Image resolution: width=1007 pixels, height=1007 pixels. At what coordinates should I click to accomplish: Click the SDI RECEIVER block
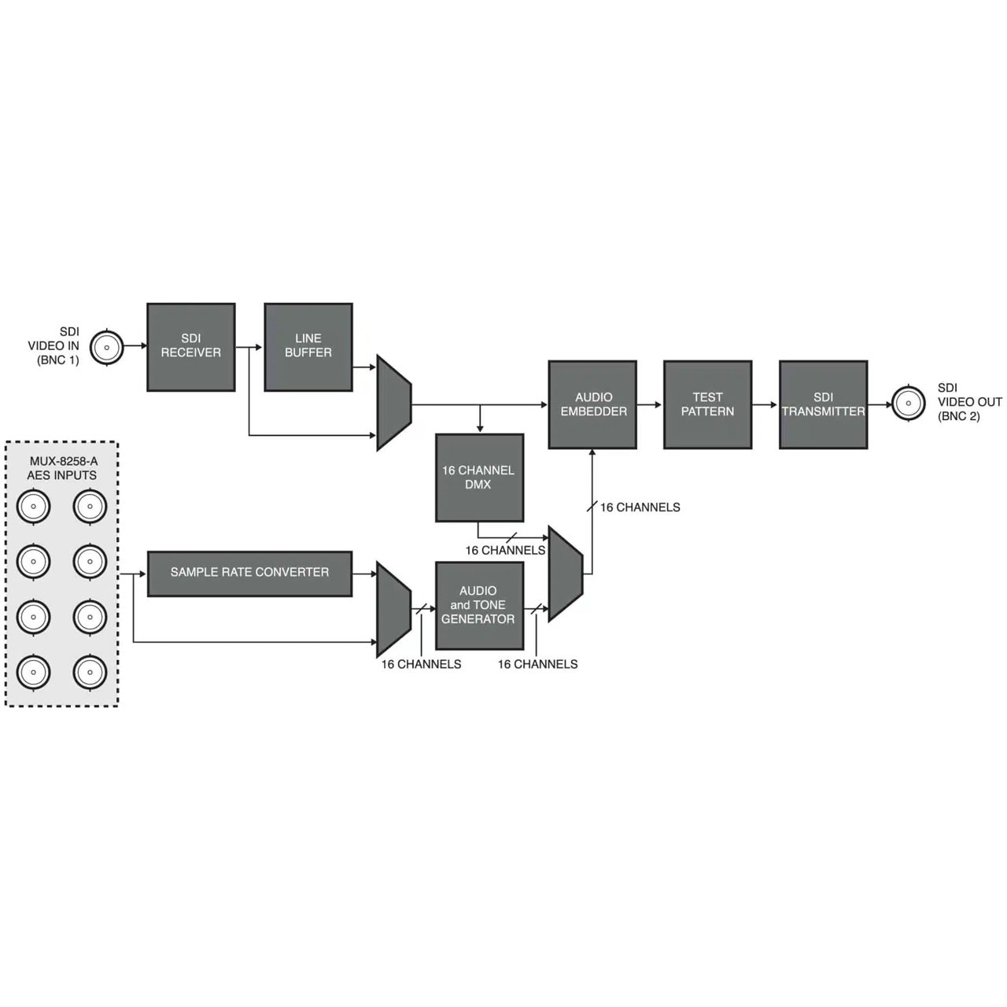tap(190, 346)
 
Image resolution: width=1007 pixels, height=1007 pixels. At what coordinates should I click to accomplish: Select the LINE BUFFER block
tap(308, 346)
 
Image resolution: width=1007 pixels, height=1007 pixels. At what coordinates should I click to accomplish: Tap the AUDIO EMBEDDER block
tap(592, 404)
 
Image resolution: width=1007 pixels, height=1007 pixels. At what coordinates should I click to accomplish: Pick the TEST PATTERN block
tap(707, 404)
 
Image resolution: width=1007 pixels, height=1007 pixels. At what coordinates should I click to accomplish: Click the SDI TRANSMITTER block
tap(823, 404)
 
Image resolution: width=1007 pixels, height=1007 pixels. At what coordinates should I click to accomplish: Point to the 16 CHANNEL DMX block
tap(479, 477)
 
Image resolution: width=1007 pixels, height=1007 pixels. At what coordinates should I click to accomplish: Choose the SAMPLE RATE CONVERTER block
tap(250, 574)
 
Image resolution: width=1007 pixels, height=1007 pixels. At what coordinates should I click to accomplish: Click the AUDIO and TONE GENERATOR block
tap(479, 605)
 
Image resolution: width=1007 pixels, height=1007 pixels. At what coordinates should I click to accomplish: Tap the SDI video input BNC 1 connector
tap(107, 347)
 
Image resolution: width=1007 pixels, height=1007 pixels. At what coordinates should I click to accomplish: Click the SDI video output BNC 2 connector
tap(908, 403)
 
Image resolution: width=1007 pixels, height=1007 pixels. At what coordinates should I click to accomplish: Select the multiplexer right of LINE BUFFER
tap(394, 402)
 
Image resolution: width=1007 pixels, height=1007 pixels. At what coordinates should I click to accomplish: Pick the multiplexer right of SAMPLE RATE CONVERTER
tap(394, 609)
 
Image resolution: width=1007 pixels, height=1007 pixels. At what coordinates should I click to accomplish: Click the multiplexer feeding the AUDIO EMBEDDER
tap(566, 574)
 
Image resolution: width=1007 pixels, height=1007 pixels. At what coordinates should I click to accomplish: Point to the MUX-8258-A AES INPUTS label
tap(62, 468)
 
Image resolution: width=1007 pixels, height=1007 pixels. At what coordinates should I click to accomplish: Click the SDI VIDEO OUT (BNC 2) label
tap(969, 402)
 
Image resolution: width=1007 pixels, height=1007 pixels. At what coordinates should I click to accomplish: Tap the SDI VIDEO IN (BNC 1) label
tap(53, 346)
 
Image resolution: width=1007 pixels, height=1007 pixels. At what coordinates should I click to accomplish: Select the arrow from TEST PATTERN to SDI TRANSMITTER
tap(765, 404)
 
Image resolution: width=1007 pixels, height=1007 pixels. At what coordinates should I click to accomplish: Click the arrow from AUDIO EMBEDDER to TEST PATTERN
tap(650, 404)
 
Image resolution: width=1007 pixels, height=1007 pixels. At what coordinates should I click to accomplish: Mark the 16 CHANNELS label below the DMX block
tap(505, 550)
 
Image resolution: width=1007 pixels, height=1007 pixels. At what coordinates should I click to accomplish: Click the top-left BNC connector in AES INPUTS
tap(34, 506)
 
